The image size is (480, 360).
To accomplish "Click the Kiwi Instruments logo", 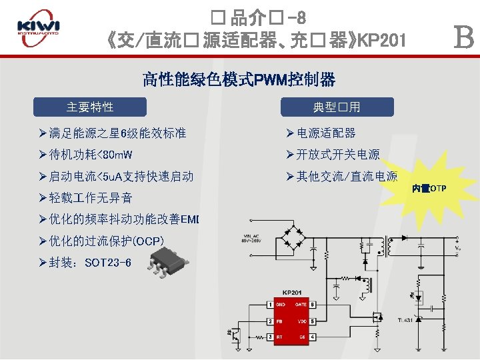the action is [x=38, y=29].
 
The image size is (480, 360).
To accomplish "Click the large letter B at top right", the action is [x=463, y=38].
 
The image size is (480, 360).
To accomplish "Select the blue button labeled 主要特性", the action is [x=90, y=107].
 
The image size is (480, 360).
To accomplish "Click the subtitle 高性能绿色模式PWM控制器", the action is [x=239, y=81].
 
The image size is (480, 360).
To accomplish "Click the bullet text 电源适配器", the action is [x=326, y=133].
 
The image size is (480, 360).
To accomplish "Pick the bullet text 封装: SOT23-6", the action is [x=90, y=263].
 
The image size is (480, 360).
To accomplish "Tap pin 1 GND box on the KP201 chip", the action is [x=270, y=305].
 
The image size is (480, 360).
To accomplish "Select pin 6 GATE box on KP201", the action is [x=312, y=305].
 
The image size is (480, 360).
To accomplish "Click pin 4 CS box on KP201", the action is [x=312, y=337].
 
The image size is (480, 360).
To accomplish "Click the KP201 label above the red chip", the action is [x=291, y=292].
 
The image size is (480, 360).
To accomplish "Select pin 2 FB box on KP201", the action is [x=270, y=321].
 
